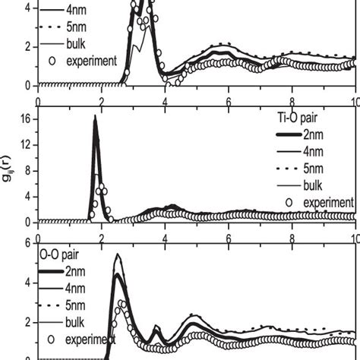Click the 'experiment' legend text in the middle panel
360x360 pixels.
(328, 202)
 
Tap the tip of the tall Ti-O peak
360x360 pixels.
(95, 116)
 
